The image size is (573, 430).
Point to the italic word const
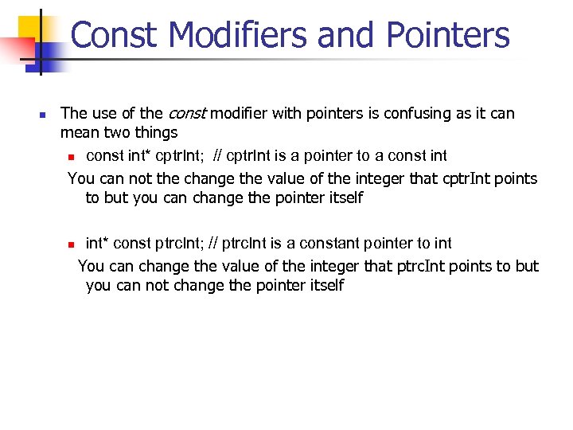pyautogui.click(x=186, y=114)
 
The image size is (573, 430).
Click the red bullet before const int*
pyautogui.click(x=70, y=156)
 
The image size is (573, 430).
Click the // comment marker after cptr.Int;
pyautogui.click(x=217, y=155)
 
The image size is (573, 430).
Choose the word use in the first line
pyautogui.click(x=104, y=114)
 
